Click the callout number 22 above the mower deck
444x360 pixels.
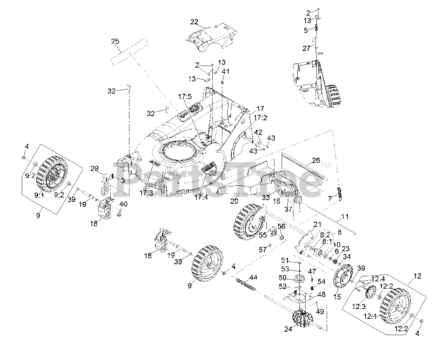(x=194, y=22)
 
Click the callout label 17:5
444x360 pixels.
(x=185, y=97)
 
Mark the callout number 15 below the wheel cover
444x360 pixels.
(x=337, y=297)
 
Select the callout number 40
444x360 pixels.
(x=123, y=204)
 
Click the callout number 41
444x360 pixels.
(x=225, y=71)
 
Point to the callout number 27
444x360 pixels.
(x=306, y=49)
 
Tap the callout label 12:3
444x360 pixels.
(x=359, y=306)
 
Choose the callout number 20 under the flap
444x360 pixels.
(x=234, y=201)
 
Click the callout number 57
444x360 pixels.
(x=263, y=249)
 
